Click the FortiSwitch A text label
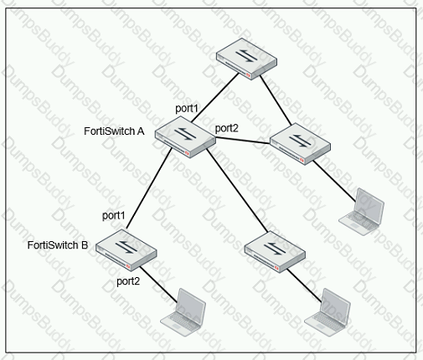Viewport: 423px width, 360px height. click(114, 131)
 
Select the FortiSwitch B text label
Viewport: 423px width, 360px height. click(58, 245)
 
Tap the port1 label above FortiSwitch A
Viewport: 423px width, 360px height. click(187, 109)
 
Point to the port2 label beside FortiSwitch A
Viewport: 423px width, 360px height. click(227, 128)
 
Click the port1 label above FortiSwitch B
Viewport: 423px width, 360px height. click(113, 215)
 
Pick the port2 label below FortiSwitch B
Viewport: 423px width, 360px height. click(128, 281)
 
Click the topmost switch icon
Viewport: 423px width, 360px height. click(247, 59)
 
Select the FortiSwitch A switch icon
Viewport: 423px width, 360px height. click(185, 137)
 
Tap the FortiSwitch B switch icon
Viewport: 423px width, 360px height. click(126, 250)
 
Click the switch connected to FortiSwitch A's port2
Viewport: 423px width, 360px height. click(301, 144)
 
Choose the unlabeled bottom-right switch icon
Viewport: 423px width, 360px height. click(275, 252)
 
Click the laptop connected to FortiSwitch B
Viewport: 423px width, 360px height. click(183, 312)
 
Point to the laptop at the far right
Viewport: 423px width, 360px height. click(362, 212)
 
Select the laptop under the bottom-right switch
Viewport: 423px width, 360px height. click(328, 312)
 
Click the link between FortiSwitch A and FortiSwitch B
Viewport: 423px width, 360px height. click(149, 188)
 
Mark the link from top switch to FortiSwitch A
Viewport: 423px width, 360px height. click(215, 98)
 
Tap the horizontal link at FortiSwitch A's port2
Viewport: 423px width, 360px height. click(243, 140)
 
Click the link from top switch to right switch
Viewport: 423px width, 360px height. click(276, 100)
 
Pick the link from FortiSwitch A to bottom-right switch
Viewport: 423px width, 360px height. click(237, 190)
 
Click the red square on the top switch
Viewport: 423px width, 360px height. click(248, 75)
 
